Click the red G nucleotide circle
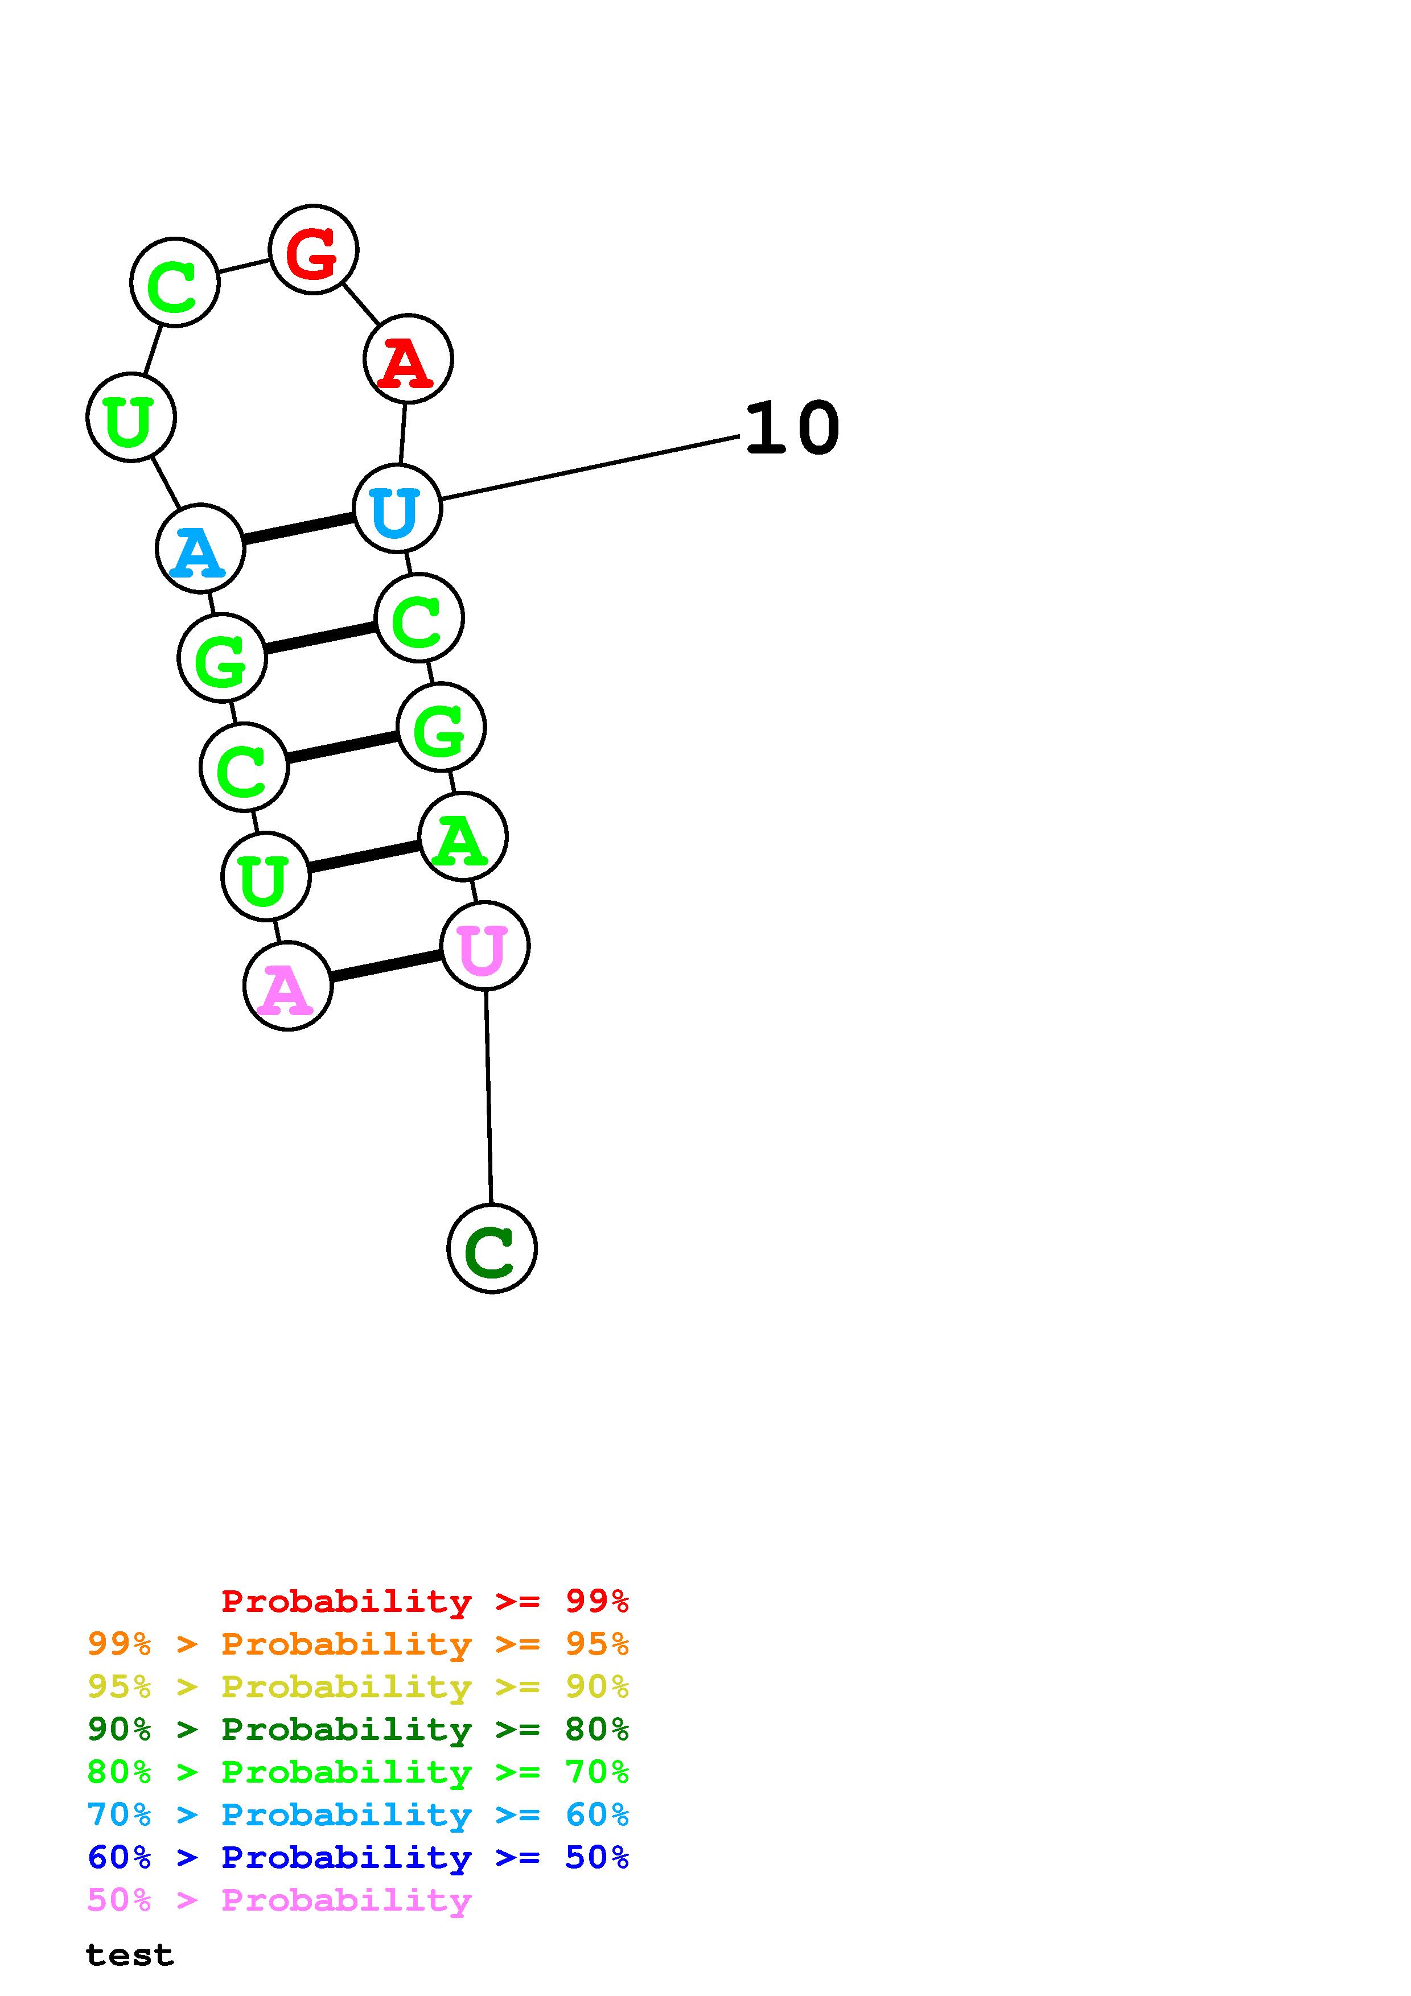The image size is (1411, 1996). pyautogui.click(x=313, y=249)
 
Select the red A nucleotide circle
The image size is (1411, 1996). pyautogui.click(x=408, y=359)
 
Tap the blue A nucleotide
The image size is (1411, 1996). pyautogui.click(x=200, y=549)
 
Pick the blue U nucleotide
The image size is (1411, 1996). pyautogui.click(x=397, y=509)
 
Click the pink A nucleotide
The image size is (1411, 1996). pyautogui.click(x=288, y=986)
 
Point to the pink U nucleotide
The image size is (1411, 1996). pyautogui.click(x=484, y=945)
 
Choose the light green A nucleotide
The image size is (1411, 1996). pyautogui.click(x=463, y=836)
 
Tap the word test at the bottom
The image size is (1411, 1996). pyautogui.click(x=130, y=1955)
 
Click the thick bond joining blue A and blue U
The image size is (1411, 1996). pyautogui.click(x=298, y=529)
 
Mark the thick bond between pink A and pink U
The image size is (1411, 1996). pyautogui.click(x=386, y=966)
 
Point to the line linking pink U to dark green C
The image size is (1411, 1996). pyautogui.click(x=488, y=1097)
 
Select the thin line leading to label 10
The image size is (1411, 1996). pyautogui.click(x=591, y=468)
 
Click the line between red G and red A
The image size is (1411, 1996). pyautogui.click(x=361, y=303)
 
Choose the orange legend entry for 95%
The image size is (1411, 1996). pyautogui.click(x=358, y=1644)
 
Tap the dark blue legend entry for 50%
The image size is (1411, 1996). pyautogui.click(x=358, y=1857)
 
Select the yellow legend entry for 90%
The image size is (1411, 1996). pyautogui.click(x=358, y=1686)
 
